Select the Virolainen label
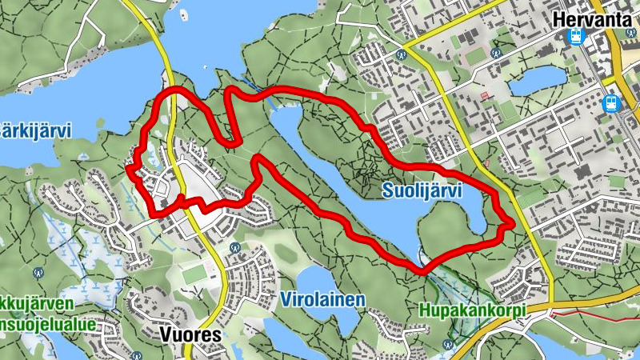(323, 299)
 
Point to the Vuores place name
(190, 335)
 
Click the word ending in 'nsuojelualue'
(48, 325)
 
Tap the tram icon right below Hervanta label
(574, 37)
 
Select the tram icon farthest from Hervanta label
(612, 102)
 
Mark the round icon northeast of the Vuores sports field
(234, 248)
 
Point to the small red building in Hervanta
(484, 95)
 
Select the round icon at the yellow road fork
(402, 55)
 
